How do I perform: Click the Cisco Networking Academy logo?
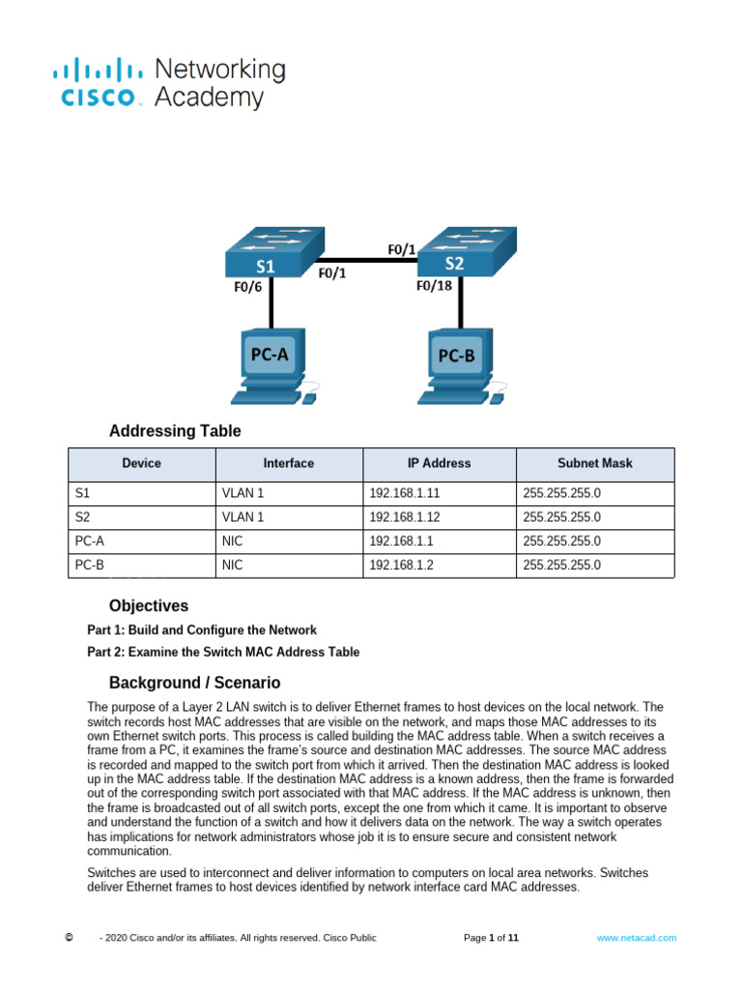point(170,83)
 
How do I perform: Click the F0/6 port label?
point(246,287)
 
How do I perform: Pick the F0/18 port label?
point(434,286)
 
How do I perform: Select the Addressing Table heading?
point(175,431)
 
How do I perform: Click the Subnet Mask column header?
point(594,464)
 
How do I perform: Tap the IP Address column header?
point(439,464)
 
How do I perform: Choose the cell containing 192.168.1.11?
point(439,493)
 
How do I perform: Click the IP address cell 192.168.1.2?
point(439,565)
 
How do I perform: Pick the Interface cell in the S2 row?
point(288,517)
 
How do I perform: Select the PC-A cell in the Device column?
point(141,541)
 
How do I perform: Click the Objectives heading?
point(149,606)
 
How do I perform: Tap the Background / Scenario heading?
point(194,682)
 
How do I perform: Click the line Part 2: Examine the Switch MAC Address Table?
point(223,652)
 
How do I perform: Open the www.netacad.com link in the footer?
point(636,938)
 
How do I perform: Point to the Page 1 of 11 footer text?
point(492,938)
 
